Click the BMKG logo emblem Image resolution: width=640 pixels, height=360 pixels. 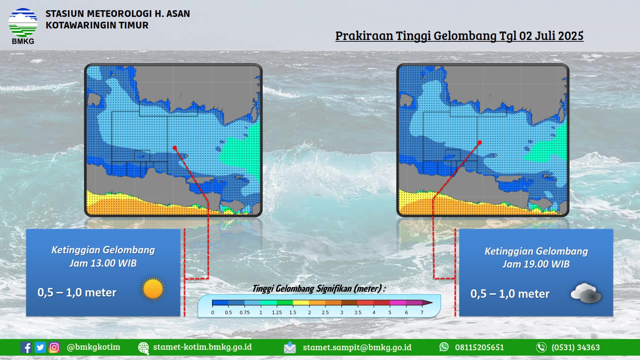[23, 23]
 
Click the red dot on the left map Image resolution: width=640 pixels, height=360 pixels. [175, 148]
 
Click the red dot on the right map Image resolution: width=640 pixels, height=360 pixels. [480, 142]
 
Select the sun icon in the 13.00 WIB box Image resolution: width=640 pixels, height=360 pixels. [153, 288]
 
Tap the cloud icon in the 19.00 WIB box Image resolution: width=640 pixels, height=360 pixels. [586, 293]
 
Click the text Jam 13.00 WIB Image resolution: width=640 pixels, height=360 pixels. [103, 263]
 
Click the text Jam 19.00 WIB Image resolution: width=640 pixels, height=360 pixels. [536, 264]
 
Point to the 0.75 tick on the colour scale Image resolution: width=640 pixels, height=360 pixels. [244, 312]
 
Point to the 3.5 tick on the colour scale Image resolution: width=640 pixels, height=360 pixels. [358, 312]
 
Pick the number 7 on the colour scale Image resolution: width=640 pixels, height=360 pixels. [422, 312]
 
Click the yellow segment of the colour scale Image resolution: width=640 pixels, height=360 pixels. [301, 303]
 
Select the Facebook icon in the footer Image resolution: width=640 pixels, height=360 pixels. [26, 348]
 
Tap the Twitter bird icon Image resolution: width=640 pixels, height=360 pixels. [40, 348]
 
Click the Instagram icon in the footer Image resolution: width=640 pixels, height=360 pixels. [54, 348]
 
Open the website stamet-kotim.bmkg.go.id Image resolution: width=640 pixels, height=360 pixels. [202, 347]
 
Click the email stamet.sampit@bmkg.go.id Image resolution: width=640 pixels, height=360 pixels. [357, 347]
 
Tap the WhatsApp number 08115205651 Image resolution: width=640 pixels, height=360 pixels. [480, 347]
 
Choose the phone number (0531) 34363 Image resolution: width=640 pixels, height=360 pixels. [576, 347]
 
